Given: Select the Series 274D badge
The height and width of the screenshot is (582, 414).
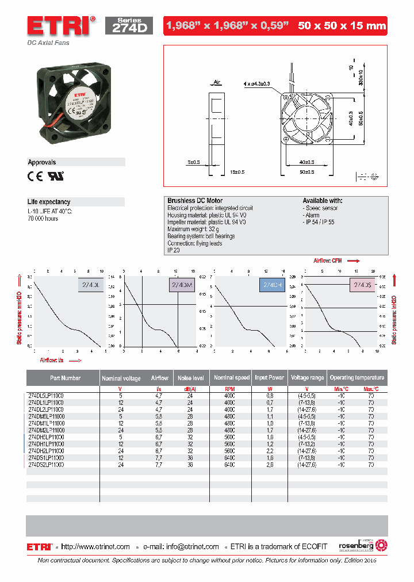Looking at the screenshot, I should pyautogui.click(x=129, y=26).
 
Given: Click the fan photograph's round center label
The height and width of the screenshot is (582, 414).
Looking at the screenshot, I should pyautogui.click(x=79, y=98).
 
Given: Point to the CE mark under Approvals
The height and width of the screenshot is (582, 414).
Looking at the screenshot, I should pyautogui.click(x=36, y=177).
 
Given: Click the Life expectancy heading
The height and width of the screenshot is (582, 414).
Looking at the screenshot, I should pyautogui.click(x=49, y=202).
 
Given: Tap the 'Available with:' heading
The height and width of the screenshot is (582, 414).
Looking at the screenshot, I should pyautogui.click(x=323, y=201).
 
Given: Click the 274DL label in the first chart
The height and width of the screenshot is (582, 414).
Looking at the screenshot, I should pyautogui.click(x=89, y=284).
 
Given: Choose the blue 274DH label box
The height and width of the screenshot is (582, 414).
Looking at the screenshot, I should pyautogui.click(x=272, y=284).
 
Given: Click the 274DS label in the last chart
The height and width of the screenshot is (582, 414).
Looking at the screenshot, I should pyautogui.click(x=362, y=284).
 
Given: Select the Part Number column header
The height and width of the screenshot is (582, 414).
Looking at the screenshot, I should pyautogui.click(x=64, y=378).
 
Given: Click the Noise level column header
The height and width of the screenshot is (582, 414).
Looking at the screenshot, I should pyautogui.click(x=191, y=378).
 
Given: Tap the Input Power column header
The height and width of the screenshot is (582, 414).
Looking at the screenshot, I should pyautogui.click(x=269, y=378).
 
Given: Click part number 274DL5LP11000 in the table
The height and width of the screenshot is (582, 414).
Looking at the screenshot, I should pyautogui.click(x=46, y=396).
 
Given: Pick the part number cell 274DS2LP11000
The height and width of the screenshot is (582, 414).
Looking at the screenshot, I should pyautogui.click(x=46, y=465).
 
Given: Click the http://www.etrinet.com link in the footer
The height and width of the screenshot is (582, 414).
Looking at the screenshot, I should pyautogui.click(x=95, y=546).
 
